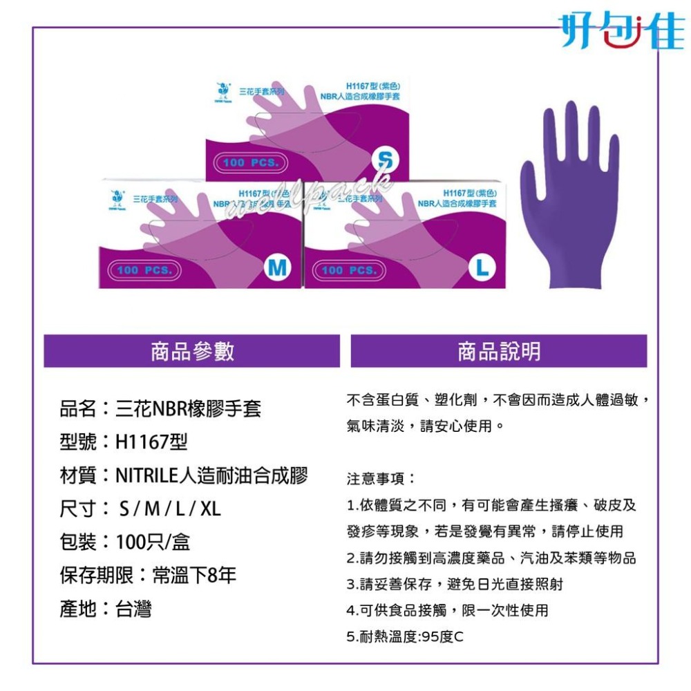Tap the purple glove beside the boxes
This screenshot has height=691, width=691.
pos(569,197)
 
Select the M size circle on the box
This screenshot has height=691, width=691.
pos(277,267)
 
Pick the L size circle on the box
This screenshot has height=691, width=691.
pos(481,267)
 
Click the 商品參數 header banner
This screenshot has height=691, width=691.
pos(192,352)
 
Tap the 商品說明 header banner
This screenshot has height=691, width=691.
pos(498,352)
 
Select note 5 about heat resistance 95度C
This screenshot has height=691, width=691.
pos(405,636)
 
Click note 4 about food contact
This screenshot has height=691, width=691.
pos(447,610)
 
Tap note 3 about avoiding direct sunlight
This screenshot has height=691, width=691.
pos(455,584)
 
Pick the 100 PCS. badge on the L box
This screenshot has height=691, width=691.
pos(349,269)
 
